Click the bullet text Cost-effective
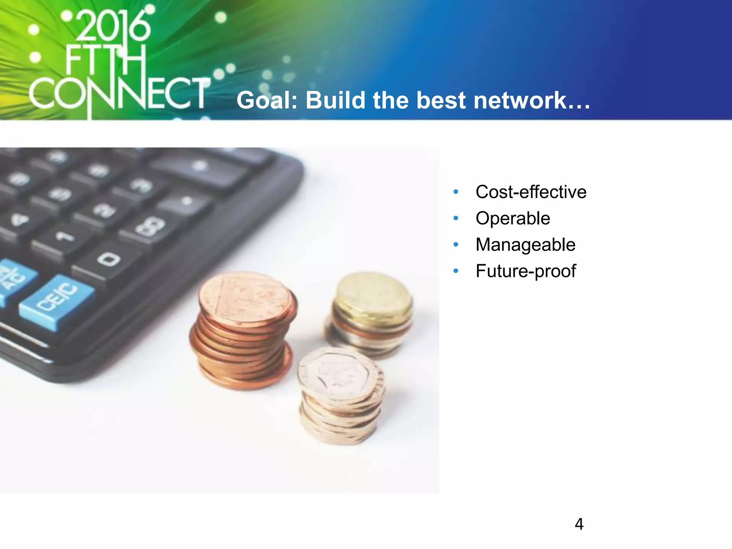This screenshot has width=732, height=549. pos(531,192)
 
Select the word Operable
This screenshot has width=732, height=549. pos(513,218)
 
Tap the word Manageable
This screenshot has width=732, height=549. pos(525,245)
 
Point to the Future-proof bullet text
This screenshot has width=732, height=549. pos(525,271)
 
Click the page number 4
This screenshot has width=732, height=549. pos(579,524)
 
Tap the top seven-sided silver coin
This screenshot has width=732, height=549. pos(336,372)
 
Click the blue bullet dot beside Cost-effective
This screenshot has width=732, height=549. pos(456,192)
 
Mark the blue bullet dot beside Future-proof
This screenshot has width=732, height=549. pos(456,271)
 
